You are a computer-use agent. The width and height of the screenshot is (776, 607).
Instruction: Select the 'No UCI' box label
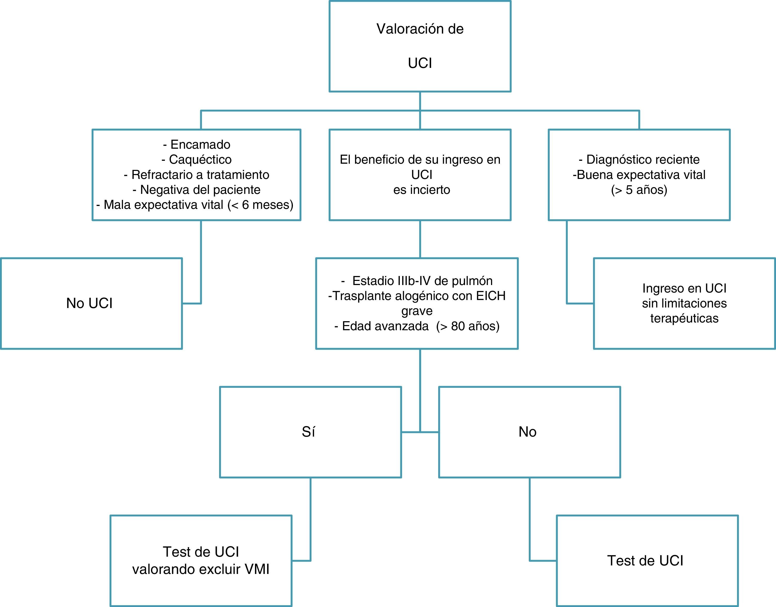click(x=89, y=303)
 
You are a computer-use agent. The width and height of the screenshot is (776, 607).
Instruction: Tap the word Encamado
click(x=201, y=144)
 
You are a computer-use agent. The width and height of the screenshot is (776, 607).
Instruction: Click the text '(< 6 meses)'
click(x=260, y=205)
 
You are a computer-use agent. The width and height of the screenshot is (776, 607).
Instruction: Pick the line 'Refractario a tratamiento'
click(x=201, y=175)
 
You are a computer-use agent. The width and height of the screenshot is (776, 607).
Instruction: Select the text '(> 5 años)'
click(x=639, y=190)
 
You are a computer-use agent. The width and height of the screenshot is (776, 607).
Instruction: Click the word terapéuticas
click(x=684, y=318)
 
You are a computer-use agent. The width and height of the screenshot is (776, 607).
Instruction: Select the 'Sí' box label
click(x=308, y=432)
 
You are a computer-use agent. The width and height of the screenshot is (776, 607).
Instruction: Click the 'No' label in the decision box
click(x=527, y=432)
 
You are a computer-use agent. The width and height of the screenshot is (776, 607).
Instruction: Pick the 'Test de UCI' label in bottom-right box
click(x=645, y=561)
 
